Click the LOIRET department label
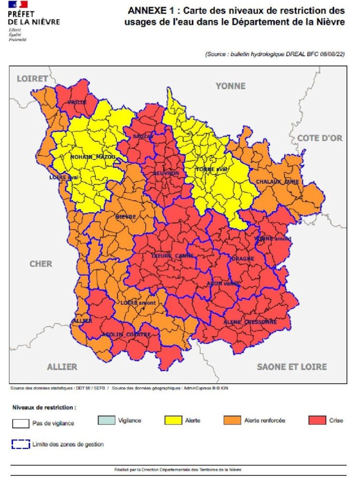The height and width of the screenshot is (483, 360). click(x=32, y=79)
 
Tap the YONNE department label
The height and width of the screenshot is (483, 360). click(x=230, y=86)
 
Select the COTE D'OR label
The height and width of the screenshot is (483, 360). click(x=320, y=138)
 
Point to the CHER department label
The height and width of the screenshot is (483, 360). click(x=41, y=264)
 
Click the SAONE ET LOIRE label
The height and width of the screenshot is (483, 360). click(x=292, y=366)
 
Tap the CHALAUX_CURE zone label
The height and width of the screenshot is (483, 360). click(x=277, y=181)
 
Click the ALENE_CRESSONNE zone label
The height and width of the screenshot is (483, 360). click(x=250, y=322)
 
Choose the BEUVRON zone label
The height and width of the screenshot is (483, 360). click(x=166, y=173)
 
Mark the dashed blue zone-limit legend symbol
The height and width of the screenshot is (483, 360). click(x=21, y=444)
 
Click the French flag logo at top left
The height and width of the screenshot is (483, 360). click(x=18, y=5)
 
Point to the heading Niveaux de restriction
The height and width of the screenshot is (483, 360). click(x=44, y=408)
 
